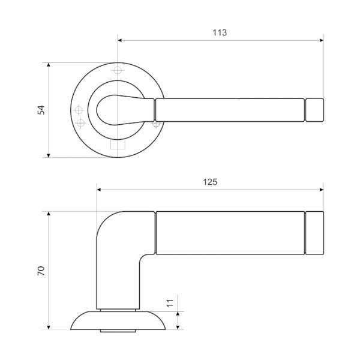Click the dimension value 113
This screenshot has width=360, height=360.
[220, 33]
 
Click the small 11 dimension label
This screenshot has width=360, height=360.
[170, 304]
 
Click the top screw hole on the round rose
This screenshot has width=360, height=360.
[118, 70]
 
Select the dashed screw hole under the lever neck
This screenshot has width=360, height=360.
[157, 124]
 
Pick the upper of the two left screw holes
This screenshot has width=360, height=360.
[78, 110]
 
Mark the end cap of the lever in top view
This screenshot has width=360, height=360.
[314, 110]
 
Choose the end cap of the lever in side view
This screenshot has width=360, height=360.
[315, 233]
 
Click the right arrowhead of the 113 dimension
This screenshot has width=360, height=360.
[322, 40]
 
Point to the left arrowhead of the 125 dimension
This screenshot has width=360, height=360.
[98, 190]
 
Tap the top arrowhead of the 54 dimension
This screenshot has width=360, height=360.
[48, 64]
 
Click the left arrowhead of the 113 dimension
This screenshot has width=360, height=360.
[119, 40]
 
